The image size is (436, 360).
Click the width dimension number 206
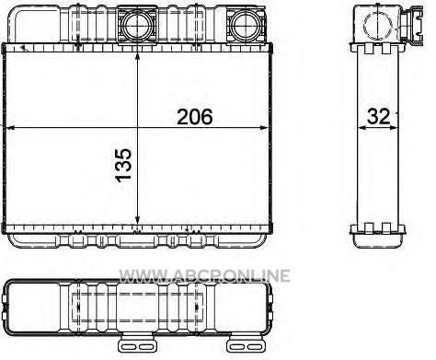(195, 117)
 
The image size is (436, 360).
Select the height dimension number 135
(123, 166)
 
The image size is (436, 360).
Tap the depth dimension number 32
(379, 117)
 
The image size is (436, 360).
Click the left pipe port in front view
(138, 25)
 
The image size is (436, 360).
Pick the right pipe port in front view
(245, 26)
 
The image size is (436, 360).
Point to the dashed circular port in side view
(377, 24)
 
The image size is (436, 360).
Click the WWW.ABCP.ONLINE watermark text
(204, 275)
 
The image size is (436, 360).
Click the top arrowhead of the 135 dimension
(138, 56)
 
